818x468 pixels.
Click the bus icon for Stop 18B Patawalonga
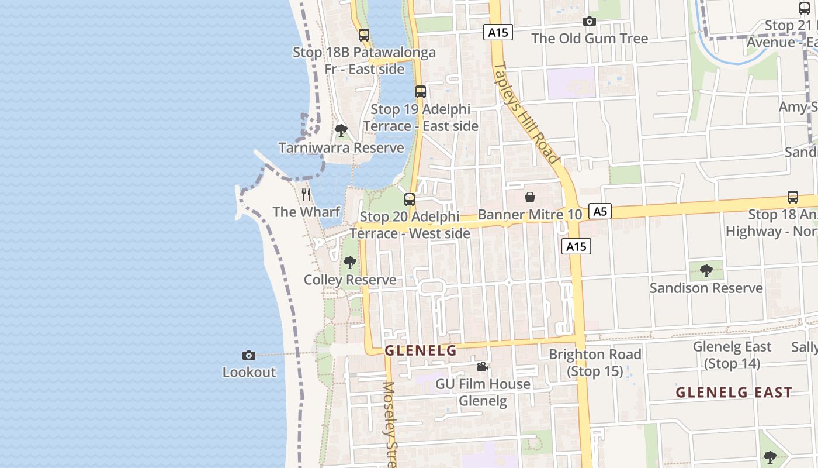[x=364, y=35]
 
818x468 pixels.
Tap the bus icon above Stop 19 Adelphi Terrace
[x=420, y=92]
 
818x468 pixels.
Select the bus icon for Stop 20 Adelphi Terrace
[x=410, y=199]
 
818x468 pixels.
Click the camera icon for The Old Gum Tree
[x=590, y=22]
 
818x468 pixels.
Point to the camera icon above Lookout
[x=249, y=355]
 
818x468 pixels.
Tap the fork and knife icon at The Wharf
[x=306, y=194]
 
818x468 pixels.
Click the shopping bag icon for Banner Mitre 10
[x=530, y=197]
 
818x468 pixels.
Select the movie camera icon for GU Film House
[x=482, y=367]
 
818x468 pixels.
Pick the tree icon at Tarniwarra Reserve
[x=341, y=130]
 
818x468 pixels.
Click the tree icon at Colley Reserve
[x=349, y=263]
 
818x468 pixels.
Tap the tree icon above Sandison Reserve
[x=706, y=271]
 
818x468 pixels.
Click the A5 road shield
[x=600, y=211]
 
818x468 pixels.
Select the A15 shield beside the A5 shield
[x=576, y=246]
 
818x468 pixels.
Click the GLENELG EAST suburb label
[x=734, y=392]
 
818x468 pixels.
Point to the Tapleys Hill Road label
[x=526, y=112]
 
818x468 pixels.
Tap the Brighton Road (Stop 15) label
[x=595, y=362]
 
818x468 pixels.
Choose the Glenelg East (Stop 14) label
[x=732, y=355]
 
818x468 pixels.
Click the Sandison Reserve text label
[x=706, y=288]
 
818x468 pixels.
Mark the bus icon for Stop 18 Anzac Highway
[x=792, y=197]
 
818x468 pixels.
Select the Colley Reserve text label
[x=350, y=280]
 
